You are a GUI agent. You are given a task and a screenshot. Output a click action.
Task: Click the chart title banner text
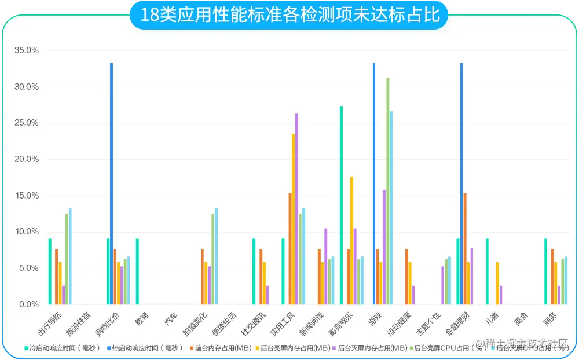click(x=290, y=15)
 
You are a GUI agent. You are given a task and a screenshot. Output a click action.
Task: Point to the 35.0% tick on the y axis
click(x=27, y=50)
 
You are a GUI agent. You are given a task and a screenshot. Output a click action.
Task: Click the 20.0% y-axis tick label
click(x=27, y=159)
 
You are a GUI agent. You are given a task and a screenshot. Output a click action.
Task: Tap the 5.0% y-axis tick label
click(x=28, y=268)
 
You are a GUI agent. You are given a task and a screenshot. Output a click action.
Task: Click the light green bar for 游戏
click(x=387, y=191)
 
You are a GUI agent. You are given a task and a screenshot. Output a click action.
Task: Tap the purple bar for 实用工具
click(x=296, y=209)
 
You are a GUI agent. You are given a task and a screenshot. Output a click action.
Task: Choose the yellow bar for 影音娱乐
click(x=351, y=240)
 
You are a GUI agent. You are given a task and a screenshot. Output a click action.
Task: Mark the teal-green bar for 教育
click(x=137, y=271)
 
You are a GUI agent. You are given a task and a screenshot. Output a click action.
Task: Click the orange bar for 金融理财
click(x=465, y=249)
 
